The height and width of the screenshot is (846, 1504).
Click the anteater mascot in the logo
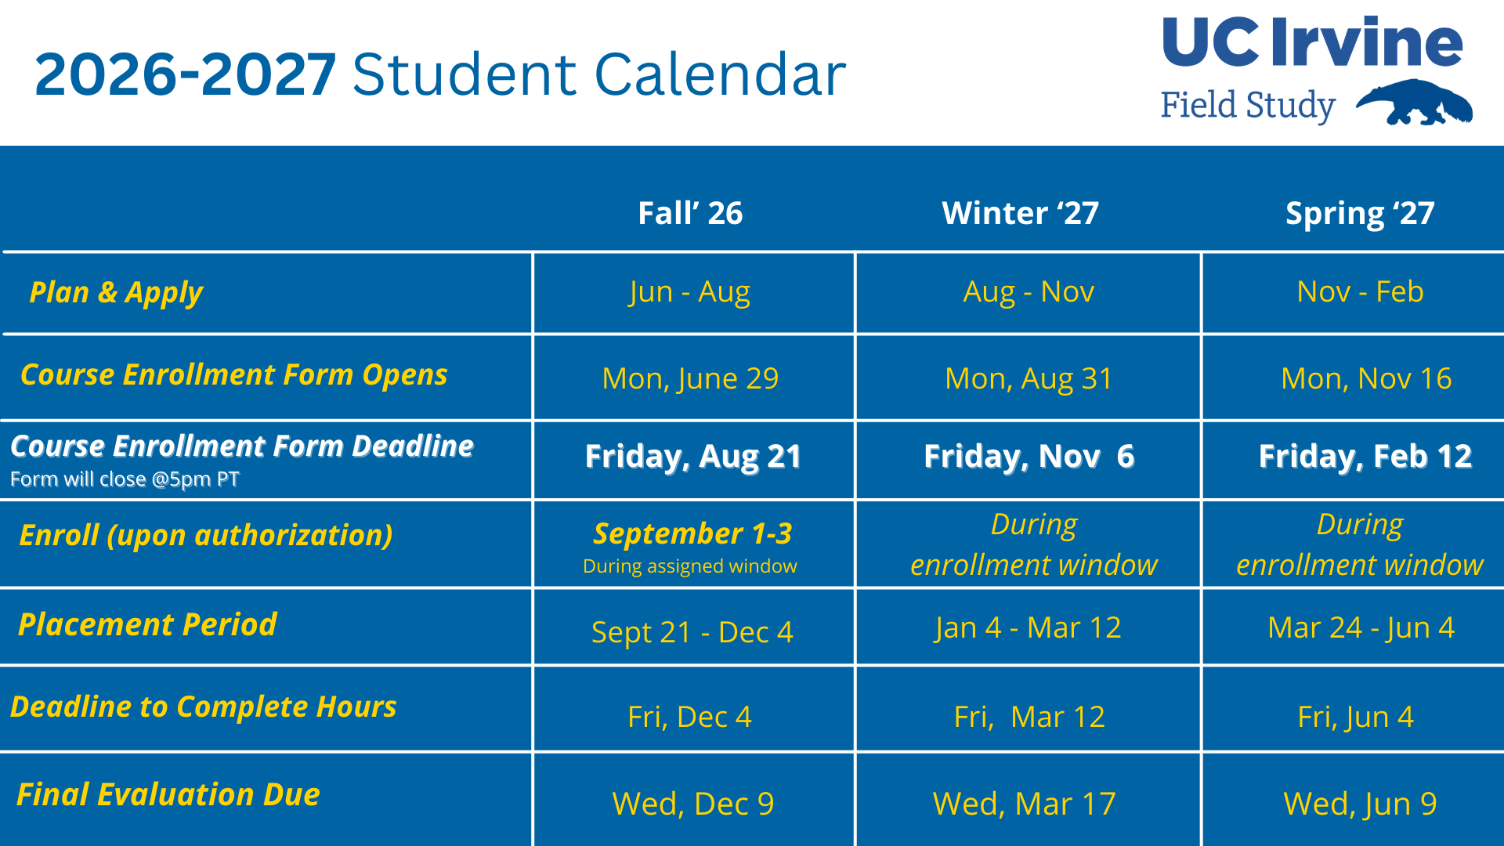point(1414,103)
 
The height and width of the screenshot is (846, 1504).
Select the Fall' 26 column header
point(690,213)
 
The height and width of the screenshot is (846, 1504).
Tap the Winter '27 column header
point(1020,213)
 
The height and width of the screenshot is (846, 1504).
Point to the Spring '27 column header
point(1360,213)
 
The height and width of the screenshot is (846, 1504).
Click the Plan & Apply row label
point(116,292)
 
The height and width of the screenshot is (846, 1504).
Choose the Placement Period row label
point(147,624)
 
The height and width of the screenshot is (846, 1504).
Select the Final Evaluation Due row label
point(168,794)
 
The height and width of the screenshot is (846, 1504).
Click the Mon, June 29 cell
point(690,378)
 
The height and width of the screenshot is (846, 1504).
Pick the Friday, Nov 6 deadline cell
point(1029,456)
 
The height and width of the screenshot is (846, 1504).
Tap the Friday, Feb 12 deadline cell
point(1365,456)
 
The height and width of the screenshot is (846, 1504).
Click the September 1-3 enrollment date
point(692,533)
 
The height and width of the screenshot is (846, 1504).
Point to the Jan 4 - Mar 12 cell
point(1028,627)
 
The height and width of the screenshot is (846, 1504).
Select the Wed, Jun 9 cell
point(1360,804)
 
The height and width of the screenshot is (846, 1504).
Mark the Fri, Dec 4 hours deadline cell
point(689,717)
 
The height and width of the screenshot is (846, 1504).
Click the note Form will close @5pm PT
point(125,479)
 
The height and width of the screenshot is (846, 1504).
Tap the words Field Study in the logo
point(1247,105)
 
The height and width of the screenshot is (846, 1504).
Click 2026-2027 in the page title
point(186,75)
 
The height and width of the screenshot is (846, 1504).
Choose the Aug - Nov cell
point(1029,291)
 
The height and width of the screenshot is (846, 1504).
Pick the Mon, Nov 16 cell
point(1366,378)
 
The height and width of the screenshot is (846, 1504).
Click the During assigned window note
point(689,566)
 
